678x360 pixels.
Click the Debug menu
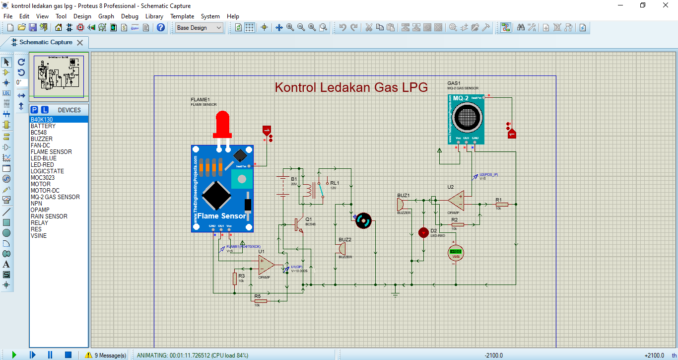coord(130,16)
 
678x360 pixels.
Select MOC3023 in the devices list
coord(43,178)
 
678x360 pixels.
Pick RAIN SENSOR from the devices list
coord(49,216)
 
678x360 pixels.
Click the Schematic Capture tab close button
coord(80,43)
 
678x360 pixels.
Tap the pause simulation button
coord(50,355)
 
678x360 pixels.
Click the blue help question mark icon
coord(161,28)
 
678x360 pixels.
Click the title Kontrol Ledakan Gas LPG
coord(351,87)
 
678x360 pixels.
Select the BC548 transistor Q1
coord(298,224)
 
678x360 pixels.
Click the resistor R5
coord(260,301)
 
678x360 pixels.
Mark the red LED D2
coord(423,232)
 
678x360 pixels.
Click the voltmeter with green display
coord(456,252)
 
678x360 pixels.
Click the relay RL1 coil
coord(310,190)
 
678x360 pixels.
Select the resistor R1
coord(502,204)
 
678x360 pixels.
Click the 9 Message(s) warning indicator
coord(105,355)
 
